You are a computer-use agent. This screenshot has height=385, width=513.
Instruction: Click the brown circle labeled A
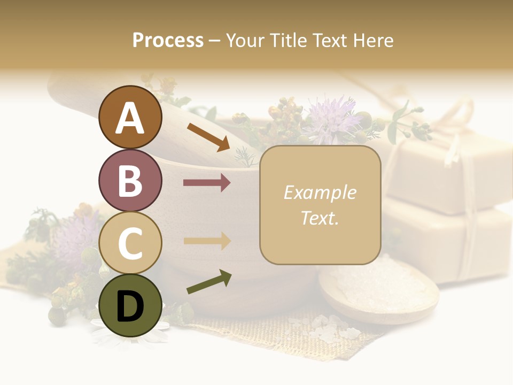click(130, 118)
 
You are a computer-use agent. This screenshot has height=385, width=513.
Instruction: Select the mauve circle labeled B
click(130, 180)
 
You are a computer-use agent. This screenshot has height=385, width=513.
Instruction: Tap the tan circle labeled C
click(130, 243)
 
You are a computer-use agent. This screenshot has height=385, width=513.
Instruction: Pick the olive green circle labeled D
click(130, 305)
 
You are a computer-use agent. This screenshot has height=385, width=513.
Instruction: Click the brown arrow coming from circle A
click(208, 137)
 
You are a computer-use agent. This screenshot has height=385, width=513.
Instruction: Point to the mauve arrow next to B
click(207, 183)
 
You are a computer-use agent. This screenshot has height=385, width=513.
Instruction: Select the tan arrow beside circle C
click(207, 241)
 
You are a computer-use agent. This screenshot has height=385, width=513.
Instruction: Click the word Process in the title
click(168, 40)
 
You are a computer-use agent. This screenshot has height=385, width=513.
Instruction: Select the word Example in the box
click(320, 192)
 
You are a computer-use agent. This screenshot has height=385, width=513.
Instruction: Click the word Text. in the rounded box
click(320, 218)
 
